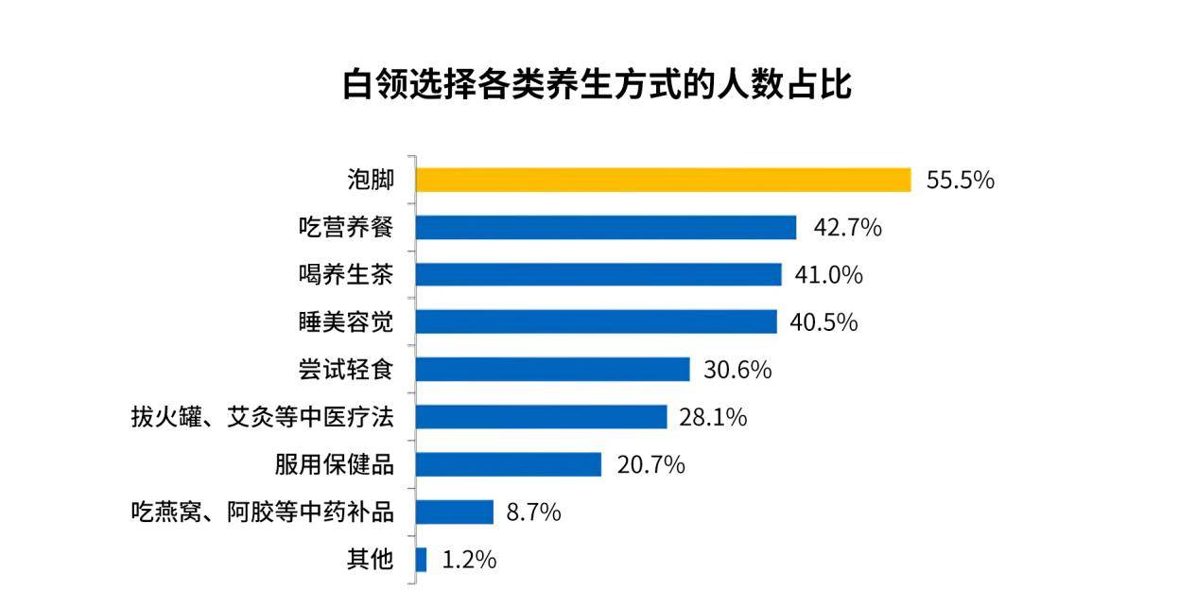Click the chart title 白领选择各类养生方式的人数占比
tap(597, 84)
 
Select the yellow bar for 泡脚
tap(663, 180)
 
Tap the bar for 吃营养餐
tap(606, 227)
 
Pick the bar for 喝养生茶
tap(598, 274)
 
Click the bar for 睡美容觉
tap(596, 322)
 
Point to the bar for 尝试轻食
tap(552, 369)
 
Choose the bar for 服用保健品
tap(509, 464)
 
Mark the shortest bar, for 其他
tap(421, 560)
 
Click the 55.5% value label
tap(960, 181)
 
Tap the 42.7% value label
tap(847, 228)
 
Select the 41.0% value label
tap(828, 275)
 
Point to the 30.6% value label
tap(737, 370)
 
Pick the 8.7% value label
tap(533, 513)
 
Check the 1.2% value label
tap(469, 560)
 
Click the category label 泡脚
tap(370, 180)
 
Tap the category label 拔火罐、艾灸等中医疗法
tap(262, 417)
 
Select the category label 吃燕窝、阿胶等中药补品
tap(262, 513)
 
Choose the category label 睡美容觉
tap(345, 322)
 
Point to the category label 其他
tap(370, 560)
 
